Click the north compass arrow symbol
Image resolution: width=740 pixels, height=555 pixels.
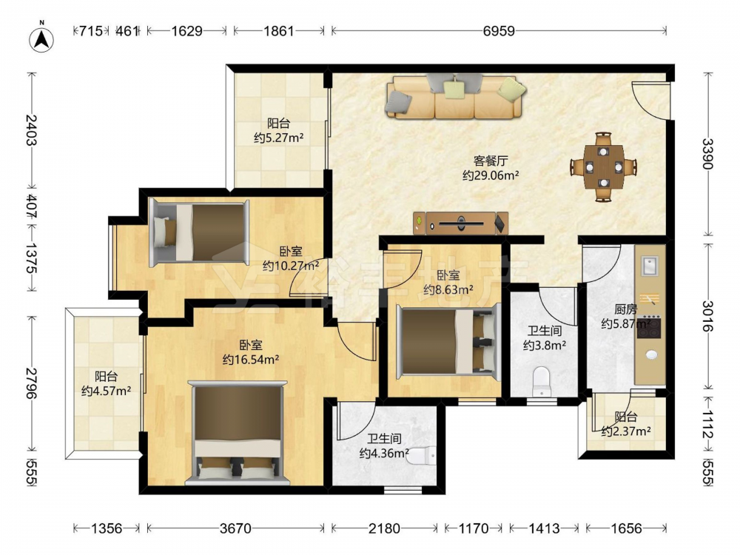(41, 38)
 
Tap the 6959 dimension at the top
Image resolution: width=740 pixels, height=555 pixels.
(499, 31)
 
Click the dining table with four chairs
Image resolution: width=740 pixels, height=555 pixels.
(604, 166)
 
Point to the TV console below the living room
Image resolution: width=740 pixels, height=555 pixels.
(460, 223)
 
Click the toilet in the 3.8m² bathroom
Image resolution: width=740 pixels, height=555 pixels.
(542, 381)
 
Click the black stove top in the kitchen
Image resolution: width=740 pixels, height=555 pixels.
(649, 326)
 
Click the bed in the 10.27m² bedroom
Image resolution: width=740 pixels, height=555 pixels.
(199, 232)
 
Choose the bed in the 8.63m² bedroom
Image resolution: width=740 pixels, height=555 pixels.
(448, 340)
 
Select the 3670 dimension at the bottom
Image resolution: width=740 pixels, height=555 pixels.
(235, 528)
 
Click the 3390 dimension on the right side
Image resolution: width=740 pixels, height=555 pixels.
(707, 153)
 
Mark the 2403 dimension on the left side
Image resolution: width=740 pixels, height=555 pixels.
(32, 130)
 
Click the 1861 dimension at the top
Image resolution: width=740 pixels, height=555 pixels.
(278, 31)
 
